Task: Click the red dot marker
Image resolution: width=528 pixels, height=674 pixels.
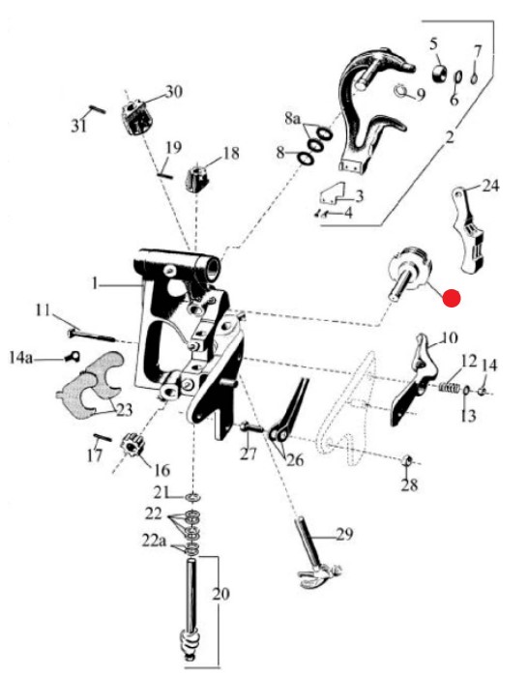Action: click(452, 298)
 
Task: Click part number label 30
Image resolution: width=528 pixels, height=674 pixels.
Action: click(174, 92)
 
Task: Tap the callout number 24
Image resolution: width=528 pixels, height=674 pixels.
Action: click(490, 186)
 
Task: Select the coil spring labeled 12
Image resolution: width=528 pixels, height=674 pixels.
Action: click(449, 387)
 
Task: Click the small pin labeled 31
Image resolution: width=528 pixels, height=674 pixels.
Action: click(98, 109)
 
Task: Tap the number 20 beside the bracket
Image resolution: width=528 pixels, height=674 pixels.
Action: click(220, 594)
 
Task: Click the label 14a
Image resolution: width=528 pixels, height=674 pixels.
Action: click(20, 357)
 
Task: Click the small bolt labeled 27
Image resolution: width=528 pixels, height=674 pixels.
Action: click(251, 427)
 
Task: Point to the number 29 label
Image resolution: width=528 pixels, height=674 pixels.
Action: click(344, 535)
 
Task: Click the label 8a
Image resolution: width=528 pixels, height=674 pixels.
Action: click(293, 118)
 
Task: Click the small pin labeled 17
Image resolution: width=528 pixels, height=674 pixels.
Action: click(103, 438)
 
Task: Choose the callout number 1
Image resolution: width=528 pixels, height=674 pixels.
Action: click(95, 283)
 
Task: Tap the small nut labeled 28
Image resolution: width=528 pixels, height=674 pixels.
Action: click(406, 461)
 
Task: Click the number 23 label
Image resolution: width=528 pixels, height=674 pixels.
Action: click(124, 410)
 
